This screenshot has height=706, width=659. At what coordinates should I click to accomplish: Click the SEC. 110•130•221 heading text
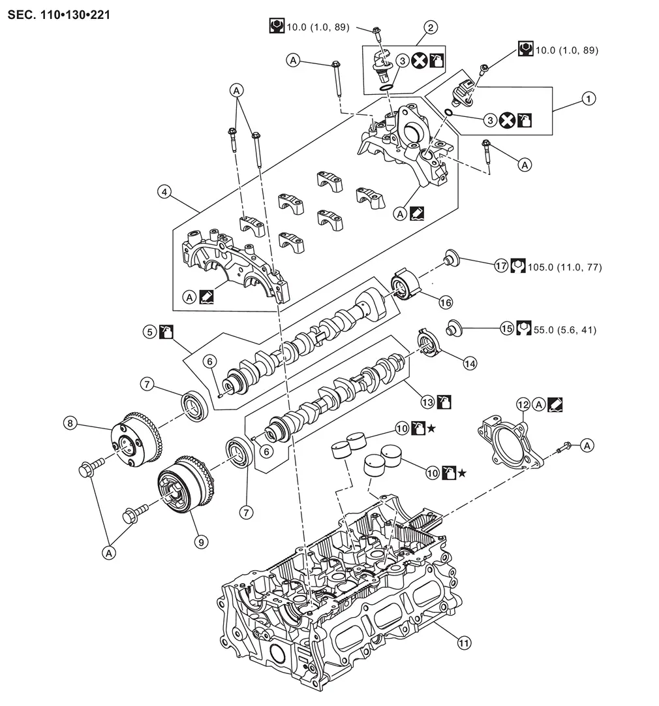tap(59, 15)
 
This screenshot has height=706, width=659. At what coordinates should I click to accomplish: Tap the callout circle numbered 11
tap(464, 643)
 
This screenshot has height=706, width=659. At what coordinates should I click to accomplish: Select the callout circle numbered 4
tap(164, 192)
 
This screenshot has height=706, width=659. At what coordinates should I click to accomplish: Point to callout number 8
tap(70, 423)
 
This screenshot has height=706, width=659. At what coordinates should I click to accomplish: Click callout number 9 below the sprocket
tap(201, 542)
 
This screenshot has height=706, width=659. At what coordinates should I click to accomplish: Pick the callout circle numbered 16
tap(446, 302)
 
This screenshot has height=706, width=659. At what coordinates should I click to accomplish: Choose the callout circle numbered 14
tap(470, 363)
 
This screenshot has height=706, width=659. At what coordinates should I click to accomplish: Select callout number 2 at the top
tap(430, 27)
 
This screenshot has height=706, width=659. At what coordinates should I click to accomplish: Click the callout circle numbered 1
tap(589, 99)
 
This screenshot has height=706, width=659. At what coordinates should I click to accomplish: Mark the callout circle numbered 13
tap(428, 402)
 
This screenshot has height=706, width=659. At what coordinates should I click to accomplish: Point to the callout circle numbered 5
tap(150, 332)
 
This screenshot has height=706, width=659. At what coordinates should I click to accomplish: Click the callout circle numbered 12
tap(523, 404)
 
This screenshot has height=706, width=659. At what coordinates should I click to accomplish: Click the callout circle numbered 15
tap(507, 329)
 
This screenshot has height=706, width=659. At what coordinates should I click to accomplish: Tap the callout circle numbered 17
tap(501, 266)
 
